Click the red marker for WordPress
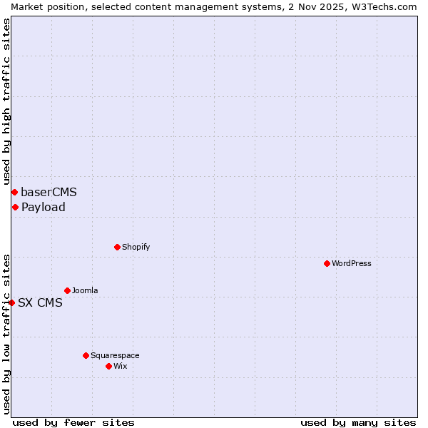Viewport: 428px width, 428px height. pyautogui.click(x=327, y=263)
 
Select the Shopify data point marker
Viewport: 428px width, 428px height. pyautogui.click(x=117, y=247)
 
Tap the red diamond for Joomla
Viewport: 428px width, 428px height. pyautogui.click(x=67, y=290)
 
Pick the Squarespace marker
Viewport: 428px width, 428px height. pyautogui.click(x=86, y=355)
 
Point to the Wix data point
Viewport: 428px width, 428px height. pyautogui.click(x=108, y=366)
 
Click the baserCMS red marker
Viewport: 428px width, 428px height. pyautogui.click(x=14, y=192)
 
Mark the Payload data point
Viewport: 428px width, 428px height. pyautogui.click(x=15, y=207)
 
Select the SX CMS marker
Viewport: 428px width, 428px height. pyautogui.click(x=11, y=302)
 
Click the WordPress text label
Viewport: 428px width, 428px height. pyautogui.click(x=352, y=263)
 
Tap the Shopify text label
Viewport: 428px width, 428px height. pyautogui.click(x=136, y=247)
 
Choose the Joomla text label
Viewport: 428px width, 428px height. pyautogui.click(x=85, y=290)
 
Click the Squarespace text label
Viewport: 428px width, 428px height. pyautogui.click(x=115, y=355)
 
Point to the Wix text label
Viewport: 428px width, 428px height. pyautogui.click(x=121, y=366)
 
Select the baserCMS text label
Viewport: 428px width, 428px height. pyautogui.click(x=49, y=192)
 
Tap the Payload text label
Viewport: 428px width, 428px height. pyautogui.click(x=43, y=207)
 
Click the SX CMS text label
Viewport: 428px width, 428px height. pyautogui.click(x=40, y=302)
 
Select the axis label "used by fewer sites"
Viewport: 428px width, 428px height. pyautogui.click(x=73, y=422)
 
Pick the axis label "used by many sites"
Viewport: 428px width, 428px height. pyautogui.click(x=358, y=422)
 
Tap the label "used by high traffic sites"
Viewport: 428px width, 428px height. pyautogui.click(x=6, y=102)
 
